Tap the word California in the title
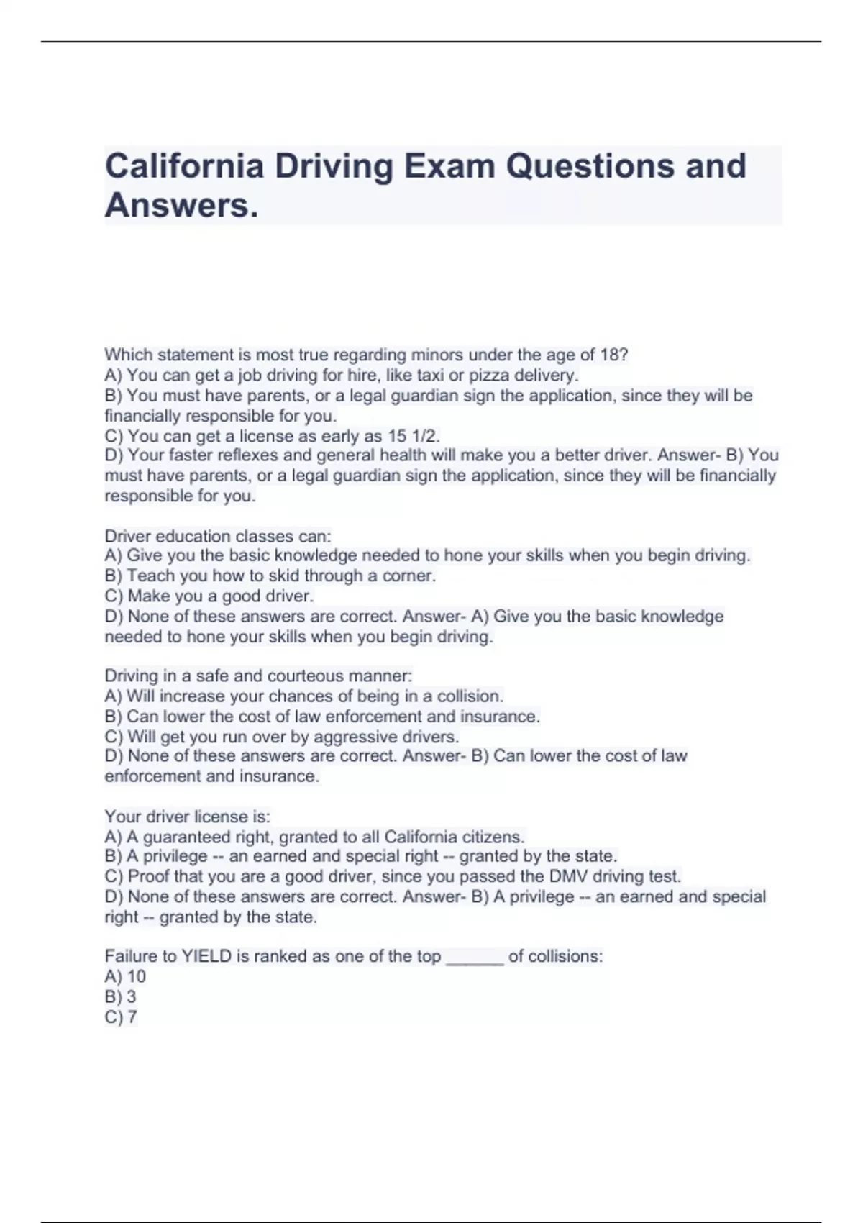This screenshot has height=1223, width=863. point(184,166)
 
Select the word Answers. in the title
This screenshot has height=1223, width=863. point(181,206)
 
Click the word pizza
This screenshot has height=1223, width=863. point(489,376)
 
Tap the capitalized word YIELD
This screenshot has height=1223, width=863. point(206,956)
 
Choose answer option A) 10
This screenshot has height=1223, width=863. point(125,976)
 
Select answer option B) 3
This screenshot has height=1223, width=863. point(120,996)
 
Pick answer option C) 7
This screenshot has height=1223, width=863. point(121,1017)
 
